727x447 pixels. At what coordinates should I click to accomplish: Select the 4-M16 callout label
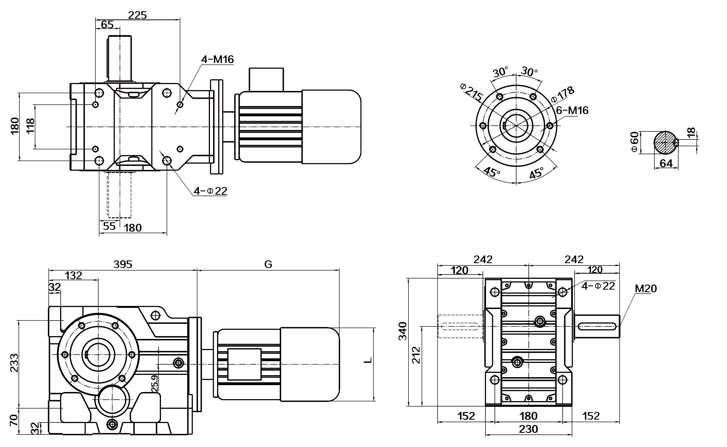click(217, 59)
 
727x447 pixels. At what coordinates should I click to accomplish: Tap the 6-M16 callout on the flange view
click(572, 111)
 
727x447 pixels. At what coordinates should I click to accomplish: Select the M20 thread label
click(646, 288)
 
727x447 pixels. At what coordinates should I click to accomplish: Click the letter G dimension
click(268, 264)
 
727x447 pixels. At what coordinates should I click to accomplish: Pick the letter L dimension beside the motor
click(368, 360)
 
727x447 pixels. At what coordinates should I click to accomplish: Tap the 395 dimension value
click(122, 264)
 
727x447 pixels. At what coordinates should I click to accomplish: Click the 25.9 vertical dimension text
click(154, 383)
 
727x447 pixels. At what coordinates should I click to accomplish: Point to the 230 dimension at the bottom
click(528, 429)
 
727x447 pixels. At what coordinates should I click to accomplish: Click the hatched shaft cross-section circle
click(665, 143)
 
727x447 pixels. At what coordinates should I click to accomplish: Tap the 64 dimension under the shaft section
click(666, 163)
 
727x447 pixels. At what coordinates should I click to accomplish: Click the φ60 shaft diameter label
click(634, 142)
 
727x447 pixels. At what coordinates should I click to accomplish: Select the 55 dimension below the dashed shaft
click(109, 226)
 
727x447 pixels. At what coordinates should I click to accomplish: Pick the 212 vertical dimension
click(416, 355)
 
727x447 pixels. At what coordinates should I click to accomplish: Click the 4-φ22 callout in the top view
click(210, 191)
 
